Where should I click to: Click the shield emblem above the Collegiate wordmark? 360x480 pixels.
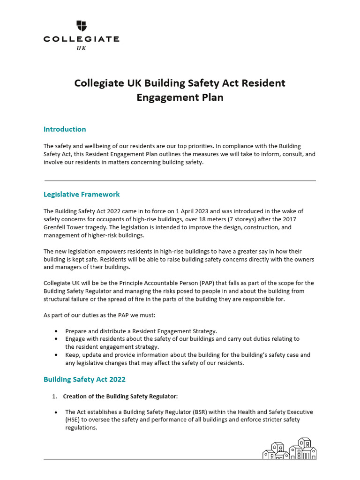click(81, 26)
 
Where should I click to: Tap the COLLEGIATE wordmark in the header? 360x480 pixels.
click(81, 39)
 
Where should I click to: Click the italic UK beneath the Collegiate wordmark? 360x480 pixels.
click(81, 48)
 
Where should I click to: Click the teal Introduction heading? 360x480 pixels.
click(65, 129)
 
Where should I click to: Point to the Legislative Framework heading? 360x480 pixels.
click(82, 194)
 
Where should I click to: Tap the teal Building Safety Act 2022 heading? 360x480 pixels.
click(84, 379)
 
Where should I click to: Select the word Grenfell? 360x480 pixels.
click(54, 227)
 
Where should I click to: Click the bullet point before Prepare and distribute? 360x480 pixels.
click(57, 331)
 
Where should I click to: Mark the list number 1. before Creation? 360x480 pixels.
click(54, 396)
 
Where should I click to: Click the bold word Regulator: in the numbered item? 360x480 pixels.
click(164, 396)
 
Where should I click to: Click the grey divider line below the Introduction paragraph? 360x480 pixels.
click(180, 180)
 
